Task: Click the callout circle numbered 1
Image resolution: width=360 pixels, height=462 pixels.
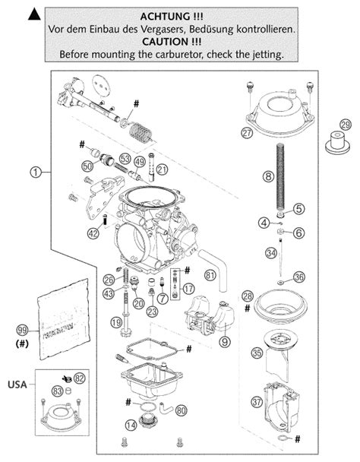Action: click(x=35, y=172)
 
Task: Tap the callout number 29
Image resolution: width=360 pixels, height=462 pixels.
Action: click(x=346, y=125)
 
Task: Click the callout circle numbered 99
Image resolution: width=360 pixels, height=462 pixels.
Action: click(x=23, y=329)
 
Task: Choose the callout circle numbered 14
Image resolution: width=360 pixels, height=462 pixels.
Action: click(x=131, y=425)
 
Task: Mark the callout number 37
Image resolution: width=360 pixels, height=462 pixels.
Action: click(x=257, y=402)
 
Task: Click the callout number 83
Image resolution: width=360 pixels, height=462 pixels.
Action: click(x=57, y=391)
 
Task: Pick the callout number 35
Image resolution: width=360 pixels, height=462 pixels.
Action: click(x=257, y=352)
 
